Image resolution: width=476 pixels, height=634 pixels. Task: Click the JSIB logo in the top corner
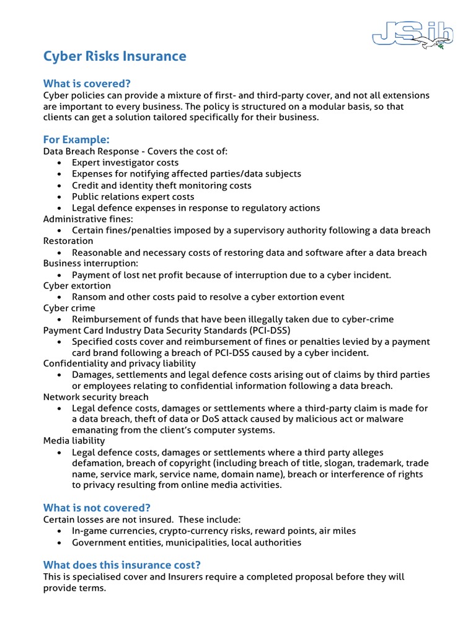412,33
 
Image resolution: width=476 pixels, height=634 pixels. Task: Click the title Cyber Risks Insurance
115,56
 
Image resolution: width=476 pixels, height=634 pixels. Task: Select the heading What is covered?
87,84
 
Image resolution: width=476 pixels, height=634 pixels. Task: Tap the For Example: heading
76,139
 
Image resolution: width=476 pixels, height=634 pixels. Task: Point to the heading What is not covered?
97,508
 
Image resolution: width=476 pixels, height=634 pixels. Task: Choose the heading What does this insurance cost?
121,565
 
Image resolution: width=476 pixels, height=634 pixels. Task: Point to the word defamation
97,463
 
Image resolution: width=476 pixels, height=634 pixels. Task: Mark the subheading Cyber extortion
77,286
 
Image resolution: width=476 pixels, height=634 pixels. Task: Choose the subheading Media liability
74,441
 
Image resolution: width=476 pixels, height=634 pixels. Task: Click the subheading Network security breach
95,397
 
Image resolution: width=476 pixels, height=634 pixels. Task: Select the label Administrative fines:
88,219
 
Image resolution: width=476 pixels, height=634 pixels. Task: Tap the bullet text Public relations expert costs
133,197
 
